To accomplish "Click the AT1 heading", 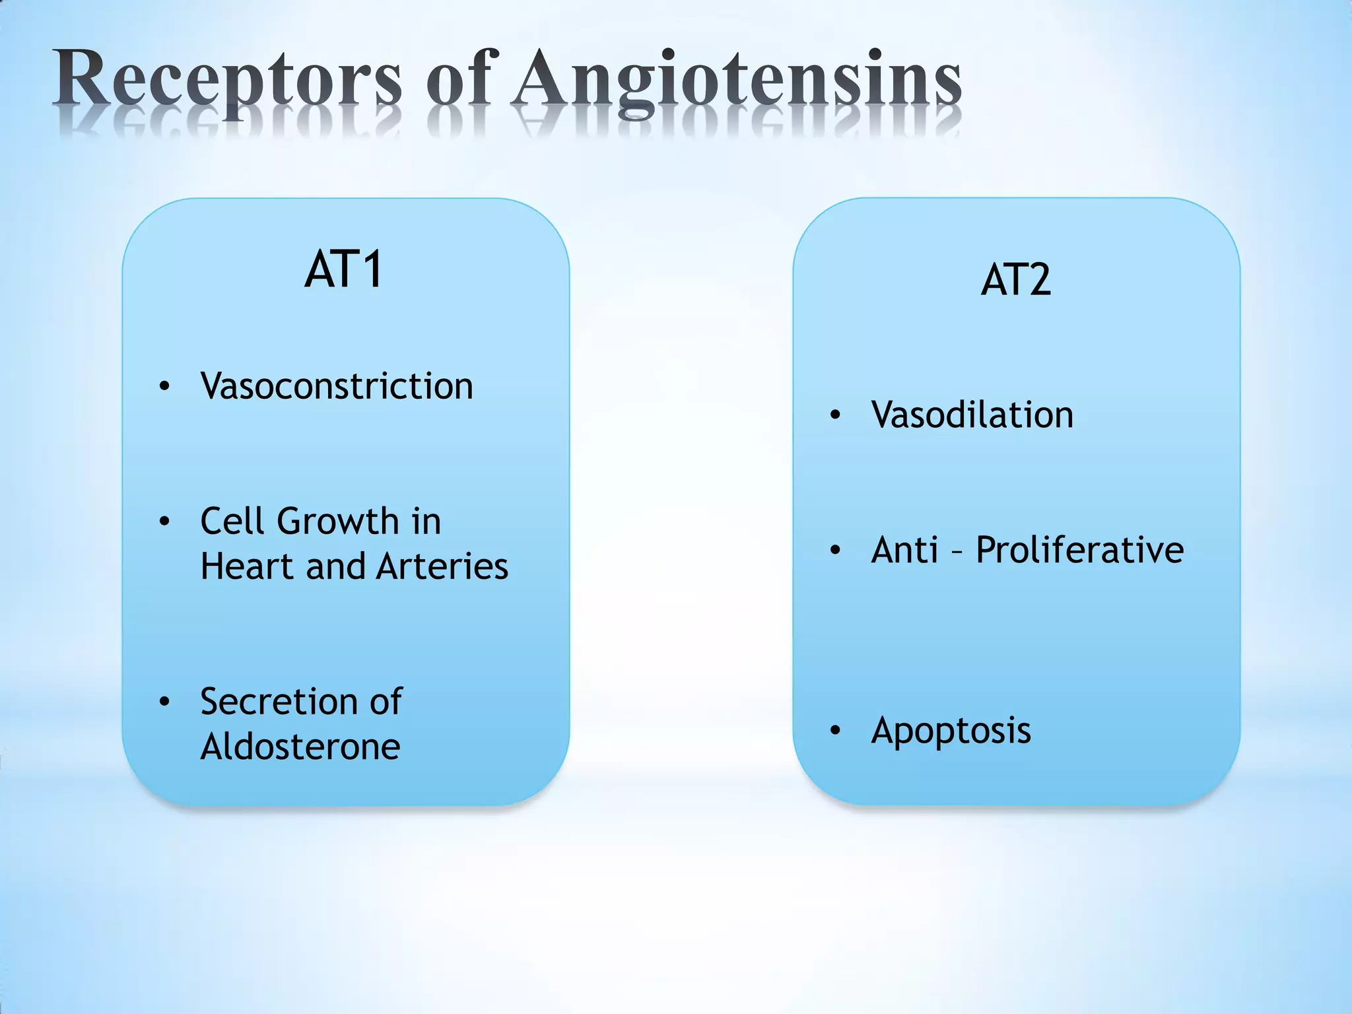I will [x=344, y=270].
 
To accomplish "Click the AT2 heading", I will [x=1015, y=280].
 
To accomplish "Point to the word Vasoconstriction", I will [x=337, y=386].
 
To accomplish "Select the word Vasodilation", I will [x=972, y=415].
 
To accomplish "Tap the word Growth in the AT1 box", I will [x=337, y=522].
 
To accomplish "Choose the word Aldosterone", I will [x=300, y=747].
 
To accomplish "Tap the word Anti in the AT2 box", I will [x=904, y=550].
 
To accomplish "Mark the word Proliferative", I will [x=1079, y=550].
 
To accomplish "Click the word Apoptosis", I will [x=951, y=731].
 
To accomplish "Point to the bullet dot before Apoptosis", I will [x=835, y=730].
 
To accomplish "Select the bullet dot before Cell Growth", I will [x=164, y=522].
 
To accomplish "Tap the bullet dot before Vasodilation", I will [x=835, y=415].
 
